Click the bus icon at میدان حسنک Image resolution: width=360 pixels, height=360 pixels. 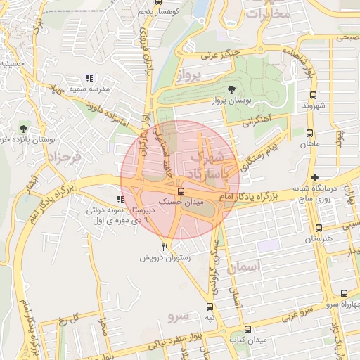coord(181,191)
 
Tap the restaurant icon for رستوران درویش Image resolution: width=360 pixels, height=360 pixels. coord(165,247)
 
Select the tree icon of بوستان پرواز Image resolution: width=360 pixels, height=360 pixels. coord(231,89)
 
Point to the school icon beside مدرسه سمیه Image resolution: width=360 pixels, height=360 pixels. coord(89,78)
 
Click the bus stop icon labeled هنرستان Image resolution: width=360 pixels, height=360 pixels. coord(319,228)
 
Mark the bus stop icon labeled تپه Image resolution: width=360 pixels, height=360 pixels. coord(210,307)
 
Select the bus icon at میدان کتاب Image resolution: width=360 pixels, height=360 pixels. coord(247,329)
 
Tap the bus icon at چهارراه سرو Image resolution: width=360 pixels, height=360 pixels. coord(344,294)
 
